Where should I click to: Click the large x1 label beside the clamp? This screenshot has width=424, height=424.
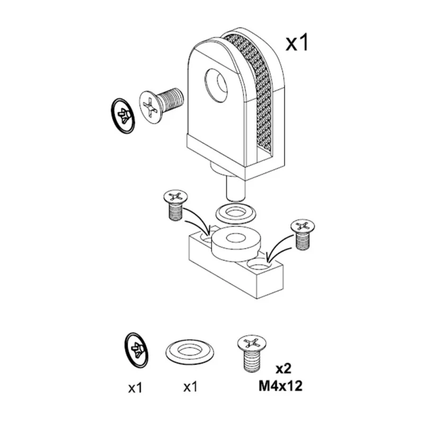click(x=297, y=43)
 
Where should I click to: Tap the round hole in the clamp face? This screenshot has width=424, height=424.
click(x=216, y=85)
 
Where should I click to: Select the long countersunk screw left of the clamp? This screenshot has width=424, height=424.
click(x=161, y=105)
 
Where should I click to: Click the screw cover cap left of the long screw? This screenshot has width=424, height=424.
click(x=122, y=116)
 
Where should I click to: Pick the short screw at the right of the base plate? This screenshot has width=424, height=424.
click(x=303, y=234)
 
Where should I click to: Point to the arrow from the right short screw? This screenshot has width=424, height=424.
click(x=277, y=246)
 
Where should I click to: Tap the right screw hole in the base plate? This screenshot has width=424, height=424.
click(x=259, y=264)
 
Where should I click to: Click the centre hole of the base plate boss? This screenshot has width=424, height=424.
click(x=236, y=238)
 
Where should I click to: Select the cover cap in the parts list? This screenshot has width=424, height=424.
click(x=137, y=350)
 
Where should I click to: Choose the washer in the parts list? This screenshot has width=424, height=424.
click(x=190, y=352)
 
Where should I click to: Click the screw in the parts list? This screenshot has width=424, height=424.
click(x=252, y=354)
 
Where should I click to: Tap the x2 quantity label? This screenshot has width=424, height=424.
click(x=283, y=368)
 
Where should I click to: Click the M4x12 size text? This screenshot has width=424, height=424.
click(x=280, y=386)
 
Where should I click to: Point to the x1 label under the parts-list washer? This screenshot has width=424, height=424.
click(x=190, y=387)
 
